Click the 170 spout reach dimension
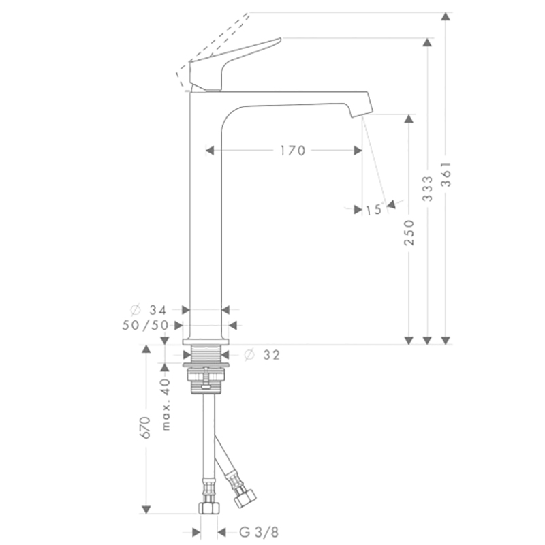(293, 151)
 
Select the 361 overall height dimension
(446, 174)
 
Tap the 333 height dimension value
(428, 189)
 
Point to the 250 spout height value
(409, 232)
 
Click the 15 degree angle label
(374, 210)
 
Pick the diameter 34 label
(149, 309)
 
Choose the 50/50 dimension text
(145, 326)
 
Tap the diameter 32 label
(262, 355)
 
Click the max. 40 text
(166, 405)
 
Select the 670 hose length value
(145, 428)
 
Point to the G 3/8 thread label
(259, 532)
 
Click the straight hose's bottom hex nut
(209, 508)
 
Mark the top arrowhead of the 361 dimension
(446, 16)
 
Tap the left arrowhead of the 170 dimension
(210, 151)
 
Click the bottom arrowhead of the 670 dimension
(146, 510)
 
